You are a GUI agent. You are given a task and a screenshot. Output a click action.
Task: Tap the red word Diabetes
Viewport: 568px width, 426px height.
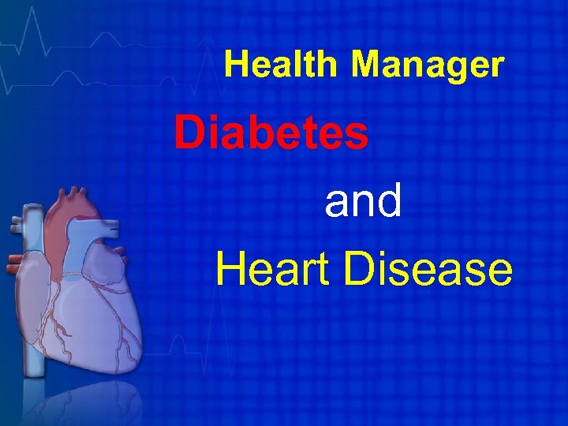click(x=271, y=133)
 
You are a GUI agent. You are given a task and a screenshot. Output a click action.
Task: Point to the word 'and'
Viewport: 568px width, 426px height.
click(x=364, y=202)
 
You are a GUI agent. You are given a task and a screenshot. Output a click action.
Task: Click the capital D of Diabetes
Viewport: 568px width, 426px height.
click(x=189, y=133)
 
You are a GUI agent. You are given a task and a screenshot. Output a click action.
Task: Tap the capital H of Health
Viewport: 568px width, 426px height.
click(x=235, y=65)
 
